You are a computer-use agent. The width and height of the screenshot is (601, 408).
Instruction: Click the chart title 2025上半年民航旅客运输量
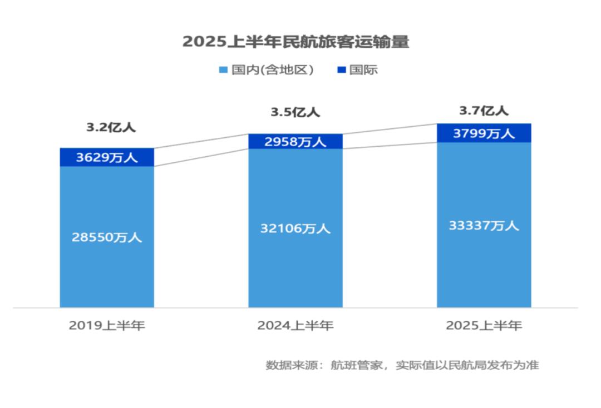[x=295, y=42]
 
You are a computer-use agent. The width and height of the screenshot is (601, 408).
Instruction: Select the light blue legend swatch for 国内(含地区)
[x=223, y=70]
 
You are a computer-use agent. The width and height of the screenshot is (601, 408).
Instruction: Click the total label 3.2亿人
[x=111, y=127]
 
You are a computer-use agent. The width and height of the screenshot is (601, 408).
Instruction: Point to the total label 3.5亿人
[x=295, y=112]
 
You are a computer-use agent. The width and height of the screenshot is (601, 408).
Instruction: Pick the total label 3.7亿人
[x=484, y=111]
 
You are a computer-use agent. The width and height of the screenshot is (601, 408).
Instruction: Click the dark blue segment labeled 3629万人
[x=107, y=157]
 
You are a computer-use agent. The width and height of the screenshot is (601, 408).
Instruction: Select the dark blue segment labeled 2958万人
[x=295, y=142]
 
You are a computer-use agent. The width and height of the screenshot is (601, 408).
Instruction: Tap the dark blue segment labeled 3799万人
[x=484, y=133]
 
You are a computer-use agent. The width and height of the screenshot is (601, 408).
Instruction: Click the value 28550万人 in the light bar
[x=107, y=237]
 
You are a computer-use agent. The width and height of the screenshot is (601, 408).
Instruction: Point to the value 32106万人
[x=295, y=228]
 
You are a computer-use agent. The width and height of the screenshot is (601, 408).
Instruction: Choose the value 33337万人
[x=484, y=226]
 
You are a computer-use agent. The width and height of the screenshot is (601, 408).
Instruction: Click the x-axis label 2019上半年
[x=107, y=326]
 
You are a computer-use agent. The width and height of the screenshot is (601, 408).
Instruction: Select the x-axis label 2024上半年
[x=295, y=326]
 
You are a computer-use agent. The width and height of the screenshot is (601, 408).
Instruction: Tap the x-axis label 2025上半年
[x=484, y=326]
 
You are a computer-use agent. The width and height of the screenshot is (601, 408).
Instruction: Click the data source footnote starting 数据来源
[x=402, y=366]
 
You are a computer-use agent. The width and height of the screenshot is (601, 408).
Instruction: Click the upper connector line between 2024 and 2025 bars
[x=390, y=128]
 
